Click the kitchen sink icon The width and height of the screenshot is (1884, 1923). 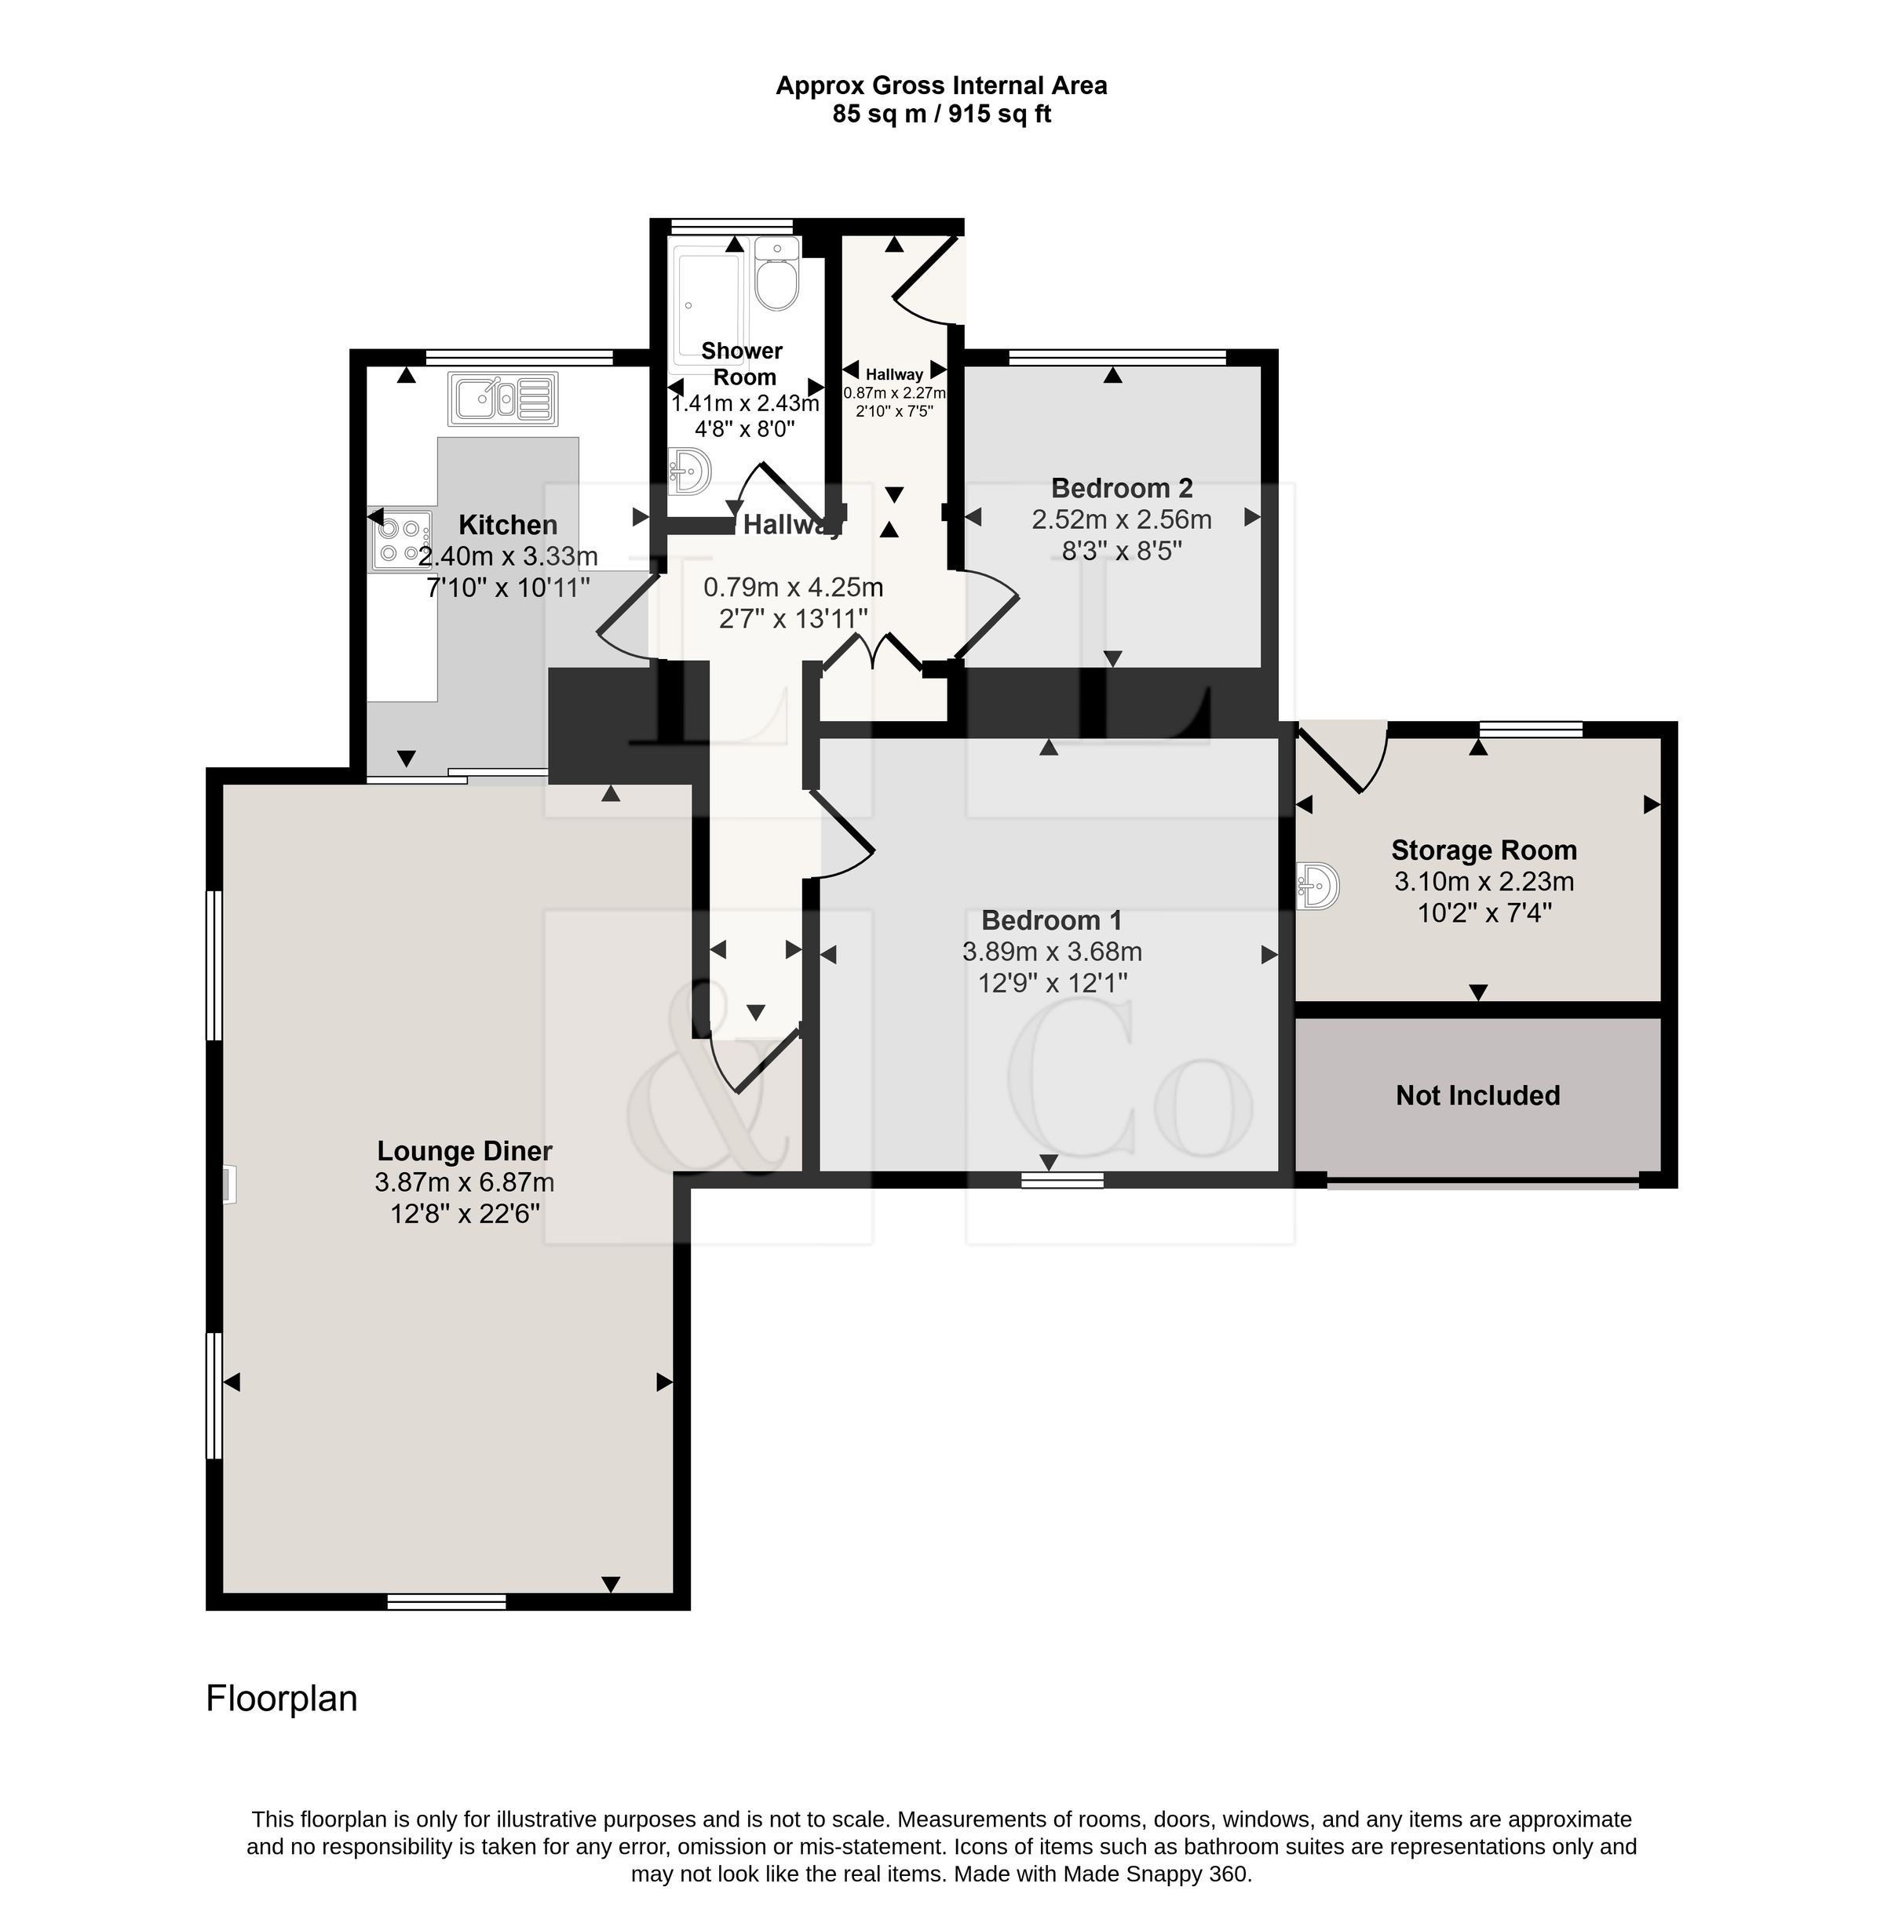pos(502,399)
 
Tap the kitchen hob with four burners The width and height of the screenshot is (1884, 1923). pos(401,541)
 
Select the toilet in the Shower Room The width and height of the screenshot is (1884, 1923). pos(776,274)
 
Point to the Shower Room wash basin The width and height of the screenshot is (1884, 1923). pos(690,471)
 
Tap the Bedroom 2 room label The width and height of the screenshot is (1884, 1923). pos(1121,488)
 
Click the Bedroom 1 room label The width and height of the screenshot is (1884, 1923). pos(1052,920)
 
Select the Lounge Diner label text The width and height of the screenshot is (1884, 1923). pos(464,1150)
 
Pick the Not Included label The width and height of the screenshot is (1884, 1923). pos(1477,1095)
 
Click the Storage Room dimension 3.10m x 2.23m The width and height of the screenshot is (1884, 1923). pos(1483,881)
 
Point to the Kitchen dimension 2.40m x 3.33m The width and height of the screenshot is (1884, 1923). pos(508,556)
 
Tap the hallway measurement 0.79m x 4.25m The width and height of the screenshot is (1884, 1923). pos(793,588)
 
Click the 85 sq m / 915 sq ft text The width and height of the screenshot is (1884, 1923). pos(941,114)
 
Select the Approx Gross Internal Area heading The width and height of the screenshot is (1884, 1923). pos(941,85)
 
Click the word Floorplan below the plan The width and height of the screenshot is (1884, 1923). pos(281,1699)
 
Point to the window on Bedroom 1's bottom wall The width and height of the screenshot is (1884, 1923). pos(1062,1179)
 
